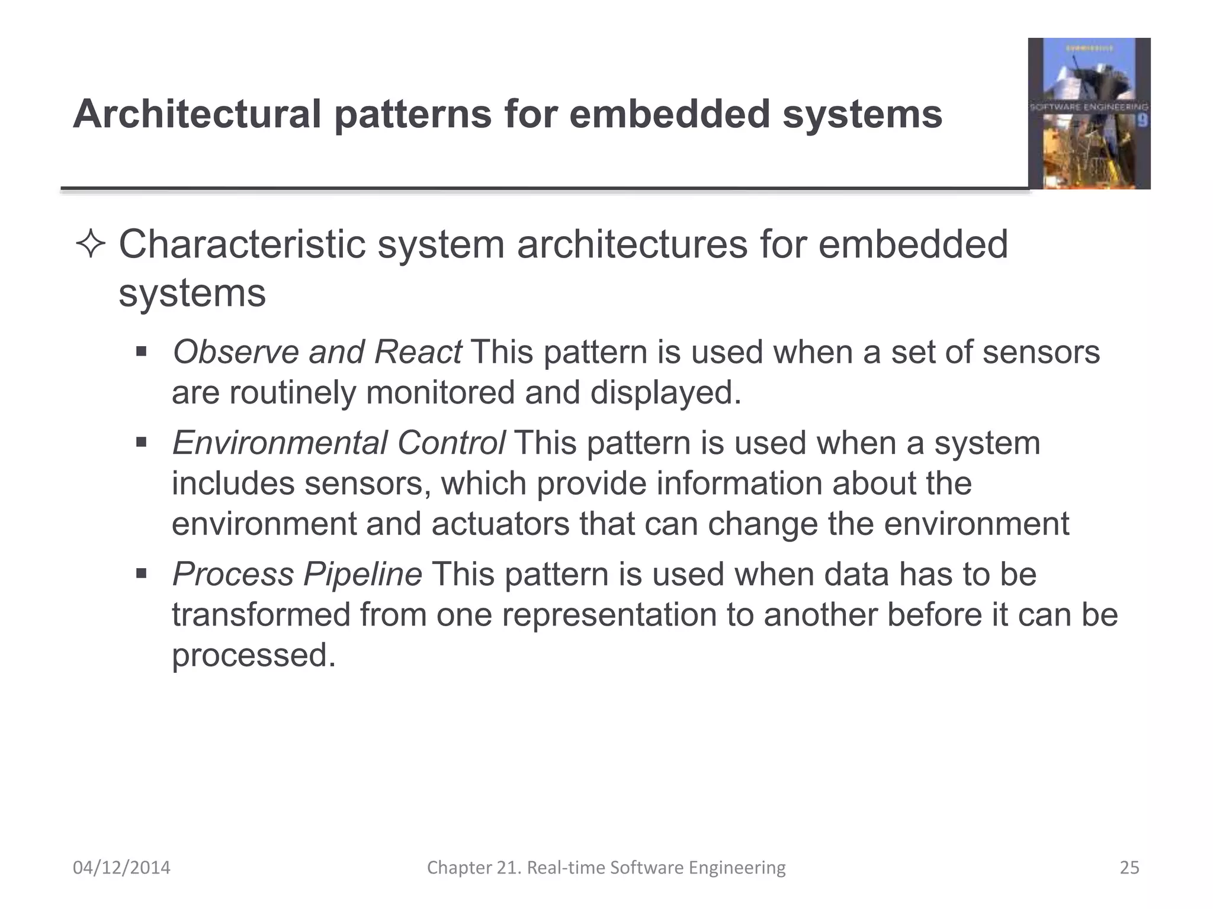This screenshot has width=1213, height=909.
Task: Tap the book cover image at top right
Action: point(1089,114)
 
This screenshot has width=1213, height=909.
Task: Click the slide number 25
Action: point(1129,868)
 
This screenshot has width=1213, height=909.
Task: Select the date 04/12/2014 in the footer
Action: point(121,868)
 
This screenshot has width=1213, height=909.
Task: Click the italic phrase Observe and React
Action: point(317,352)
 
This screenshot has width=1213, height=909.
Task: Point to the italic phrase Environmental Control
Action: point(338,443)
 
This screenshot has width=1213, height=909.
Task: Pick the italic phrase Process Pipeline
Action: point(297,575)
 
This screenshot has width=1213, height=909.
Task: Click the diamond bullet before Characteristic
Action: point(91,245)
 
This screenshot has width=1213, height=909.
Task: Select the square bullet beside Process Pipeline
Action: point(141,574)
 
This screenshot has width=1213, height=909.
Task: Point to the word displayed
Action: point(665,393)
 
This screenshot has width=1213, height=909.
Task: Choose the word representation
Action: point(609,615)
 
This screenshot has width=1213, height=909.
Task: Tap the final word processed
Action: point(253,656)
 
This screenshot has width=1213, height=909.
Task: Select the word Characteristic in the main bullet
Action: point(242,245)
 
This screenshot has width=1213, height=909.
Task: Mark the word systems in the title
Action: point(862,114)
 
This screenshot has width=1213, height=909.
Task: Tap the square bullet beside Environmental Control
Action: point(141,443)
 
